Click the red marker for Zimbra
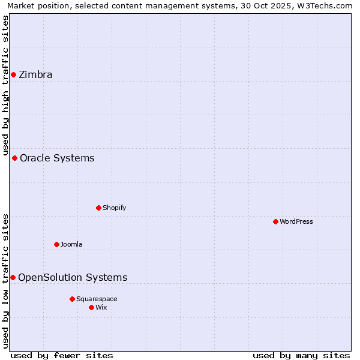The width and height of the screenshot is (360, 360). coord(13,74)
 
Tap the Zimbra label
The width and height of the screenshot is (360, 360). coord(35,75)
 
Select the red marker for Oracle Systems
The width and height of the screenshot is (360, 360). coord(15,158)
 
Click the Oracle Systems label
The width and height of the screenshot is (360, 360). coord(57,158)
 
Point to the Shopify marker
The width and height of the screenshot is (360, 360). coord(98,208)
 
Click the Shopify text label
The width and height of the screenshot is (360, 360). coord(114,208)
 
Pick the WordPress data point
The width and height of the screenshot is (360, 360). coord(275,221)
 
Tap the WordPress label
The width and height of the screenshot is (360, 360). coord(296,221)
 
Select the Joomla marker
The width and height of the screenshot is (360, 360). coord(56,244)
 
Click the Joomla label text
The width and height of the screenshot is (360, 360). coord(71,244)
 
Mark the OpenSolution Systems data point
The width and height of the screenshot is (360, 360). coord(13,277)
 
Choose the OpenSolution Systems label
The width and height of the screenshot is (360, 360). coord(73,277)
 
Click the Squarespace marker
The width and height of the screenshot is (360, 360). coord(72,299)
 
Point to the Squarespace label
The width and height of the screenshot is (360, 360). coord(97,299)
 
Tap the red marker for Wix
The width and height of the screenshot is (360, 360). coord(91,307)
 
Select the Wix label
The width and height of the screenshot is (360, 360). coord(101,307)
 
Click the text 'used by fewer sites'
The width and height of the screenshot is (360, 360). coord(62,355)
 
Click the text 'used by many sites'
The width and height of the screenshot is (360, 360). coord(301,355)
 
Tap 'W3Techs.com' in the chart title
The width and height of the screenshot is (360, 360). coord(327,5)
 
